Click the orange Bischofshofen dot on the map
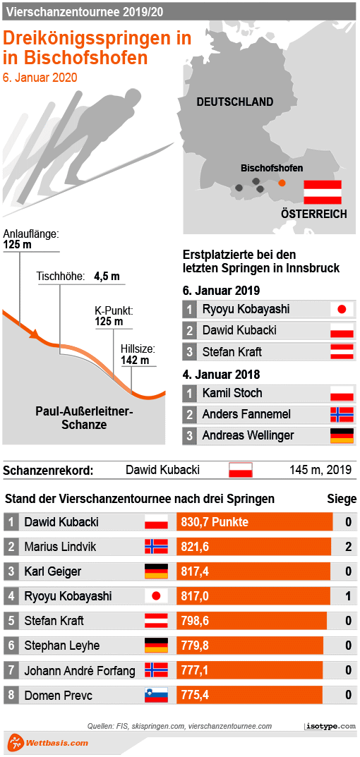click(x=282, y=183)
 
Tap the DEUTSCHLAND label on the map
click(x=234, y=102)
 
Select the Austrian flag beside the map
click(x=322, y=192)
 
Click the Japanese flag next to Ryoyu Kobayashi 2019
click(x=342, y=309)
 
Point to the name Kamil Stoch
click(x=232, y=393)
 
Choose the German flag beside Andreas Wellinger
click(x=342, y=435)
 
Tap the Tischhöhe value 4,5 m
click(x=107, y=277)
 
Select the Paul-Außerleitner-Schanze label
click(x=84, y=418)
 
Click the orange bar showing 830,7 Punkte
click(x=254, y=523)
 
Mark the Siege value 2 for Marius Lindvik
click(x=348, y=547)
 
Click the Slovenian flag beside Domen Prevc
click(x=156, y=695)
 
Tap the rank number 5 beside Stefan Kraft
click(x=11, y=621)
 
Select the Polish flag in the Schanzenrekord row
click(x=240, y=470)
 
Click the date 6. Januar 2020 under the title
click(x=40, y=78)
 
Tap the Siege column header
click(x=342, y=499)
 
